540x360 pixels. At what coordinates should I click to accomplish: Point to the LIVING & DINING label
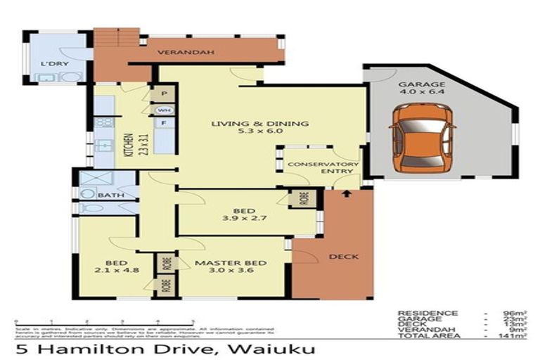point(260,129)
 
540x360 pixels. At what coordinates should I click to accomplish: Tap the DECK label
point(343,257)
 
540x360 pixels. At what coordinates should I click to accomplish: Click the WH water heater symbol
point(163,110)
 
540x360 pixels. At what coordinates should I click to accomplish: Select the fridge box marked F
point(163,124)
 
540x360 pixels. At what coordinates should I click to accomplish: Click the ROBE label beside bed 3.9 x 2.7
point(304,199)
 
